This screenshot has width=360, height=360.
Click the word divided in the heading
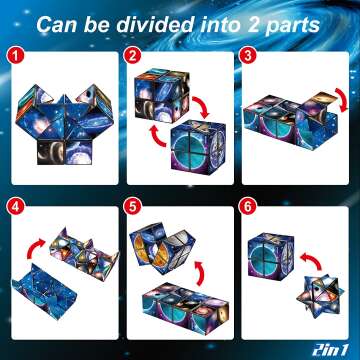[x=149, y=21]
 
